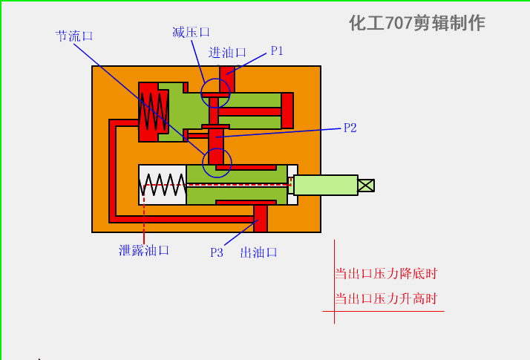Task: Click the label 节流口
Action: pos(75,36)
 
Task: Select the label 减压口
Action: pos(191,32)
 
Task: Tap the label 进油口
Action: pos(227,53)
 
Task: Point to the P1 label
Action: pos(277,51)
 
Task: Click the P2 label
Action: pos(350,128)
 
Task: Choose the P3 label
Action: pos(216,252)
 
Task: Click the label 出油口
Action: pos(258,252)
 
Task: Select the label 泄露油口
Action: pos(144,251)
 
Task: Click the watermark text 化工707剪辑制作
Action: pos(416,23)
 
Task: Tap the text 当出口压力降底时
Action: pos(386,274)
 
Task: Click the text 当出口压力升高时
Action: pos(386,299)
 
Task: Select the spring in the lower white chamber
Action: pos(163,185)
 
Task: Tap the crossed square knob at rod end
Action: pos(366,185)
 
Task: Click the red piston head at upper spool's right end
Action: pos(287,110)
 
